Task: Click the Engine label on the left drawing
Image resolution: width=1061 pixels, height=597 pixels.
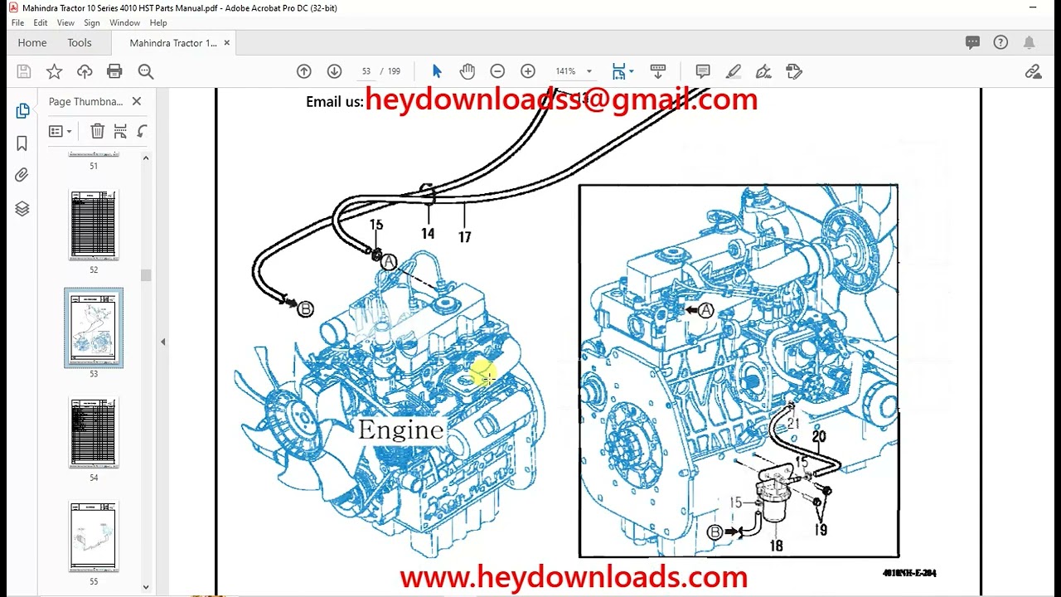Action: [400, 430]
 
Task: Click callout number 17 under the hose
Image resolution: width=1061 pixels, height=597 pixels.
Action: [464, 237]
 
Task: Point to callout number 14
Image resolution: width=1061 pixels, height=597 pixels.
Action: [428, 234]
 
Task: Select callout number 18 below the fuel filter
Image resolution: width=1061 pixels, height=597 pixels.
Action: [776, 546]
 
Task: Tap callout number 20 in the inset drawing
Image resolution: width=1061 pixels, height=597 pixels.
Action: [819, 437]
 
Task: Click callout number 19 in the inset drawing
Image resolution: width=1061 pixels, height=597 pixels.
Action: [821, 531]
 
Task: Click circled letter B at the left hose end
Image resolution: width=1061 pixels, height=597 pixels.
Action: [305, 309]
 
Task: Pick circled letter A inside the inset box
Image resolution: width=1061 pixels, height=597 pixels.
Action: [705, 310]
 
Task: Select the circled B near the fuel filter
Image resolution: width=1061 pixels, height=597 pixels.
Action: [715, 532]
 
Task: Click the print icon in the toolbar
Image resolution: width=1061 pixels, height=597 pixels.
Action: [114, 71]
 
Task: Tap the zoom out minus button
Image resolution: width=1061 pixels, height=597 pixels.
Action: [497, 71]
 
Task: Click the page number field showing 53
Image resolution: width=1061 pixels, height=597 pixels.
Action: [366, 71]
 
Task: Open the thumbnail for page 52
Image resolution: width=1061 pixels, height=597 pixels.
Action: [94, 225]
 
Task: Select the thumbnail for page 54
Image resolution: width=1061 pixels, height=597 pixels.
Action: [94, 432]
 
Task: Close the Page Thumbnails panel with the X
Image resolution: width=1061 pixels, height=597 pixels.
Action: [137, 101]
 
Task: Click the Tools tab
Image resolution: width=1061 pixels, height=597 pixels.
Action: [80, 42]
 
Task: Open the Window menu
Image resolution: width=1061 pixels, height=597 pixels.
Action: [124, 22]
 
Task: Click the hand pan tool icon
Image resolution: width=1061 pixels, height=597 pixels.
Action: [468, 71]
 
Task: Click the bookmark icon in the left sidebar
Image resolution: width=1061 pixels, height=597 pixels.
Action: [22, 143]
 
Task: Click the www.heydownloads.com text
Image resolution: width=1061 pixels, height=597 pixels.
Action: [574, 576]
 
